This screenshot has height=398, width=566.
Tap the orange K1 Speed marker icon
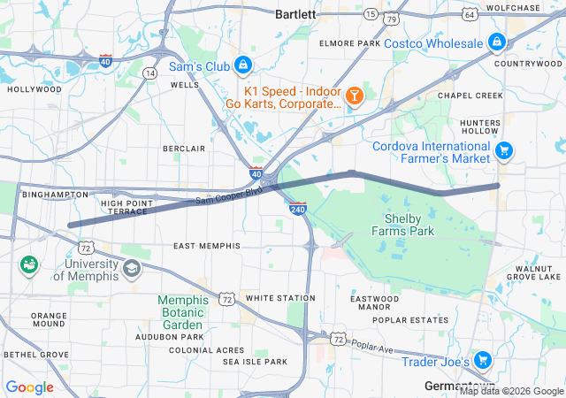click(x=354, y=95)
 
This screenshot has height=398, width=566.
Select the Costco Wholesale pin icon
click(x=496, y=42)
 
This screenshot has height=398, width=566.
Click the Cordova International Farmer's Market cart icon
click(x=504, y=150)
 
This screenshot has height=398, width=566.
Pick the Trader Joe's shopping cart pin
click(x=482, y=360)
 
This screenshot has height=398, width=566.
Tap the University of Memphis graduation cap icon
click(x=131, y=268)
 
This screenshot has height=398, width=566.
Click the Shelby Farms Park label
click(x=409, y=225)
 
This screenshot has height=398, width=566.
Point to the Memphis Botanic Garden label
click(x=183, y=312)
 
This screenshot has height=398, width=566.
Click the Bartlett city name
click(x=294, y=14)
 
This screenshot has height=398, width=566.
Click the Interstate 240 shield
click(x=297, y=207)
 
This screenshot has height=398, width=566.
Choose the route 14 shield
click(x=151, y=73)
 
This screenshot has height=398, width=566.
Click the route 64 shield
click(x=469, y=14)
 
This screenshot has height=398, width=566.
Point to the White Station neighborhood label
click(x=280, y=298)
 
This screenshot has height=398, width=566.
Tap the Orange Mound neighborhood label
click(x=49, y=320)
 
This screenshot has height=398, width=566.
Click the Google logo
click(x=29, y=387)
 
